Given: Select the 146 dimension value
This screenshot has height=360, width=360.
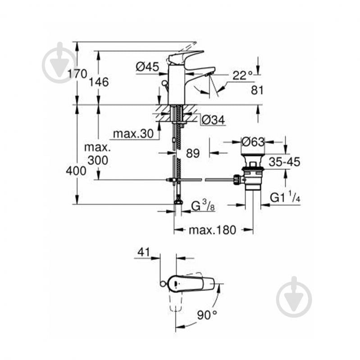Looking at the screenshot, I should (99, 82).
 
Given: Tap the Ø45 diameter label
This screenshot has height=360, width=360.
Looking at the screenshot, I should (147, 67).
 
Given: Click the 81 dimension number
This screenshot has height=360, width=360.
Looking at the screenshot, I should (257, 90).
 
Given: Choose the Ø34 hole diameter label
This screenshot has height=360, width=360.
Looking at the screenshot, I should (213, 120).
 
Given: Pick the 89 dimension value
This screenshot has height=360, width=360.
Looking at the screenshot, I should (192, 153).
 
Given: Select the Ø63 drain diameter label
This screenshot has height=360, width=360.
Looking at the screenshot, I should (253, 141).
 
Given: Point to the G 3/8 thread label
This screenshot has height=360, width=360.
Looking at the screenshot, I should (201, 206).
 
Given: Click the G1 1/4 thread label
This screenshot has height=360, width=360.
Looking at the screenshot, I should (285, 197).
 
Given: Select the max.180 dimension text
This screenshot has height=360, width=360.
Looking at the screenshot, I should (212, 230).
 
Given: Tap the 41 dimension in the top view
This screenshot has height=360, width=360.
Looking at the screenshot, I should (143, 253).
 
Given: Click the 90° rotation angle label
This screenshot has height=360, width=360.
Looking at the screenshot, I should (206, 315).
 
